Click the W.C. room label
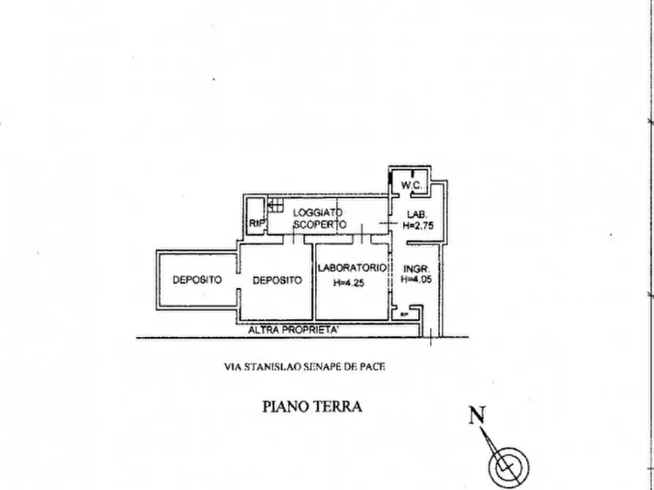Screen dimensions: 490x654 [x=412, y=186]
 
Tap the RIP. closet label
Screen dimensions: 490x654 [x=256, y=222]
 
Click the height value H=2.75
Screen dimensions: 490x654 [x=419, y=226]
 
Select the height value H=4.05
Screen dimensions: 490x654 [x=417, y=279]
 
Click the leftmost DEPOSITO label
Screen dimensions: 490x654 [x=197, y=279]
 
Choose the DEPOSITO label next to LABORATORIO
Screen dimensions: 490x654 [x=277, y=279]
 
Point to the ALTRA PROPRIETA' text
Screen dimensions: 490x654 [x=293, y=331]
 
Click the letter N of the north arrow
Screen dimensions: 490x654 [x=478, y=416]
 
